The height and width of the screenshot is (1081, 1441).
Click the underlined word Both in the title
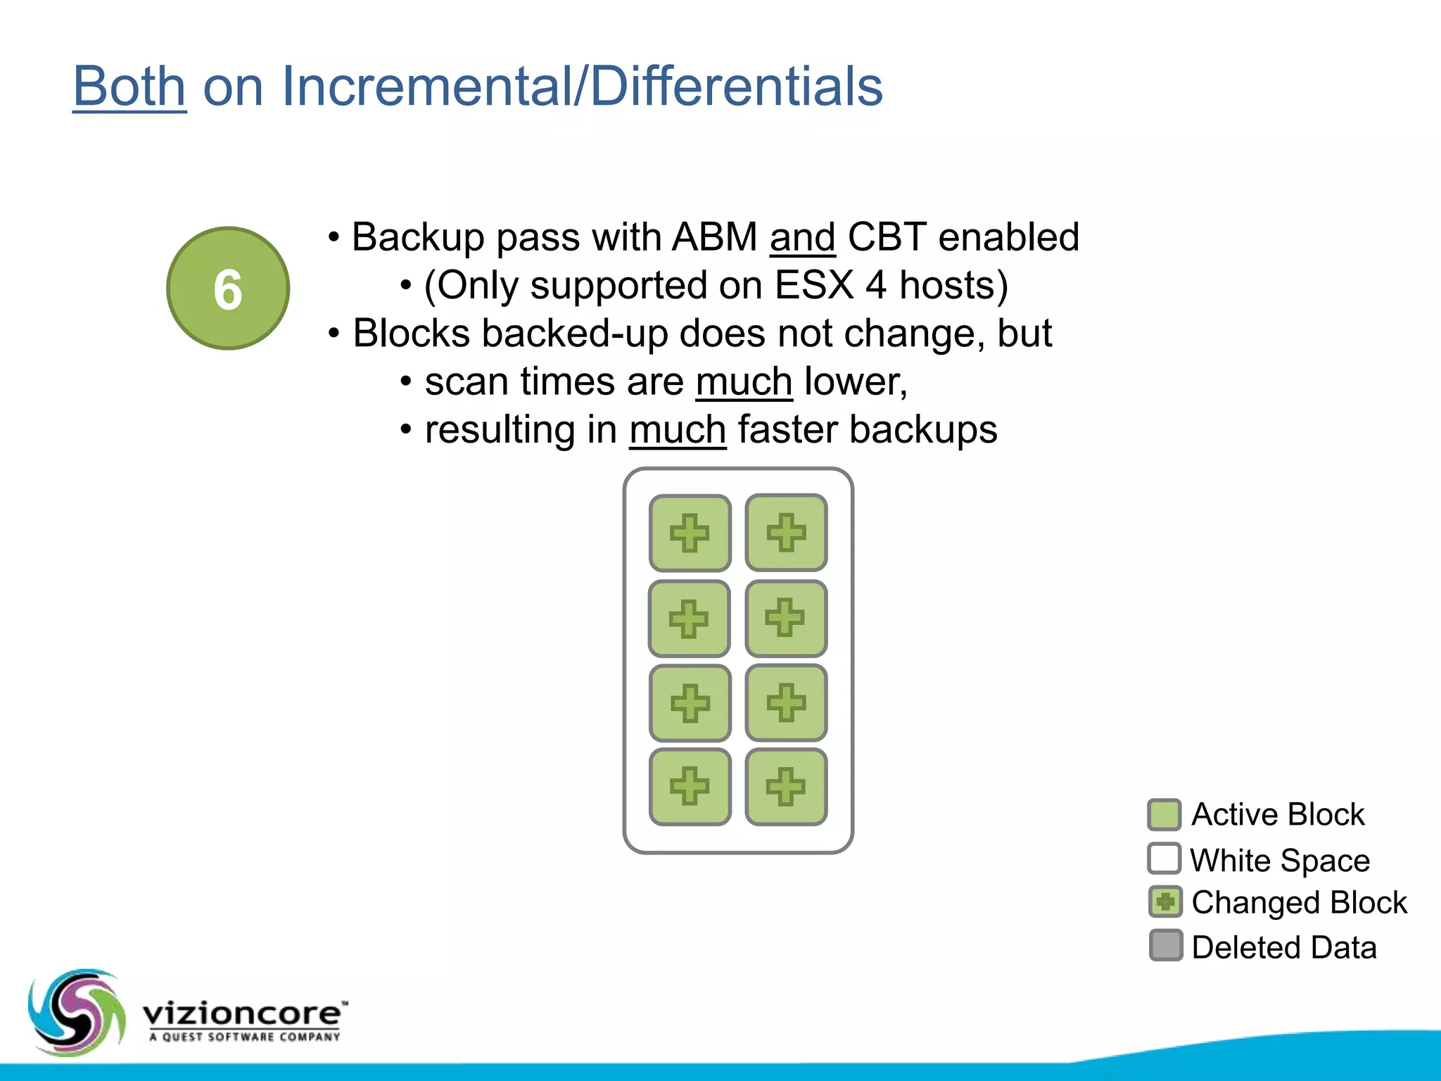pyautogui.click(x=129, y=86)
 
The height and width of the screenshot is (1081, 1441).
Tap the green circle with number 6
pyautogui.click(x=228, y=289)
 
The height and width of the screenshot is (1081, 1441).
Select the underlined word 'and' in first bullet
pyautogui.click(x=802, y=238)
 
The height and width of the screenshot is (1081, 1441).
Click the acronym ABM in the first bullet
pyautogui.click(x=714, y=237)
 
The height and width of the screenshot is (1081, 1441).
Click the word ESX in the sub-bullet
pyautogui.click(x=813, y=286)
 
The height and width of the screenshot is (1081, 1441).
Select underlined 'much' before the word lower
pyautogui.click(x=744, y=382)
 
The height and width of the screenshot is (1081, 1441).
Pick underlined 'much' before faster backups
pyautogui.click(x=678, y=430)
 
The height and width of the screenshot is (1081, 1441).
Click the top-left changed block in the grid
pyautogui.click(x=690, y=533)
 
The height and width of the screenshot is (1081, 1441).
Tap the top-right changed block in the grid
pyautogui.click(x=786, y=532)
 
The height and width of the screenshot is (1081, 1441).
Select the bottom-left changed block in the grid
pyautogui.click(x=690, y=786)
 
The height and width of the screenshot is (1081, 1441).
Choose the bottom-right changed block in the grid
pyautogui.click(x=786, y=786)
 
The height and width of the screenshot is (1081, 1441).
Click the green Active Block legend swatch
pyautogui.click(x=1164, y=815)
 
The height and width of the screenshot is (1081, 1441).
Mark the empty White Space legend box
pyautogui.click(x=1164, y=859)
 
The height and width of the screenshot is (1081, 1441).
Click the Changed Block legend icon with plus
pyautogui.click(x=1165, y=902)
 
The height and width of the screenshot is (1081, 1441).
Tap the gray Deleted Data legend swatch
pyautogui.click(x=1165, y=946)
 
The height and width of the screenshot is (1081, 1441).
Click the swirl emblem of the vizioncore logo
pyautogui.click(x=76, y=1012)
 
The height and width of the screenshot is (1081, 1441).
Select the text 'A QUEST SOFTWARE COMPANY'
pyautogui.click(x=244, y=1037)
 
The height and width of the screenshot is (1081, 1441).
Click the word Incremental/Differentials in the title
pyautogui.click(x=581, y=86)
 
